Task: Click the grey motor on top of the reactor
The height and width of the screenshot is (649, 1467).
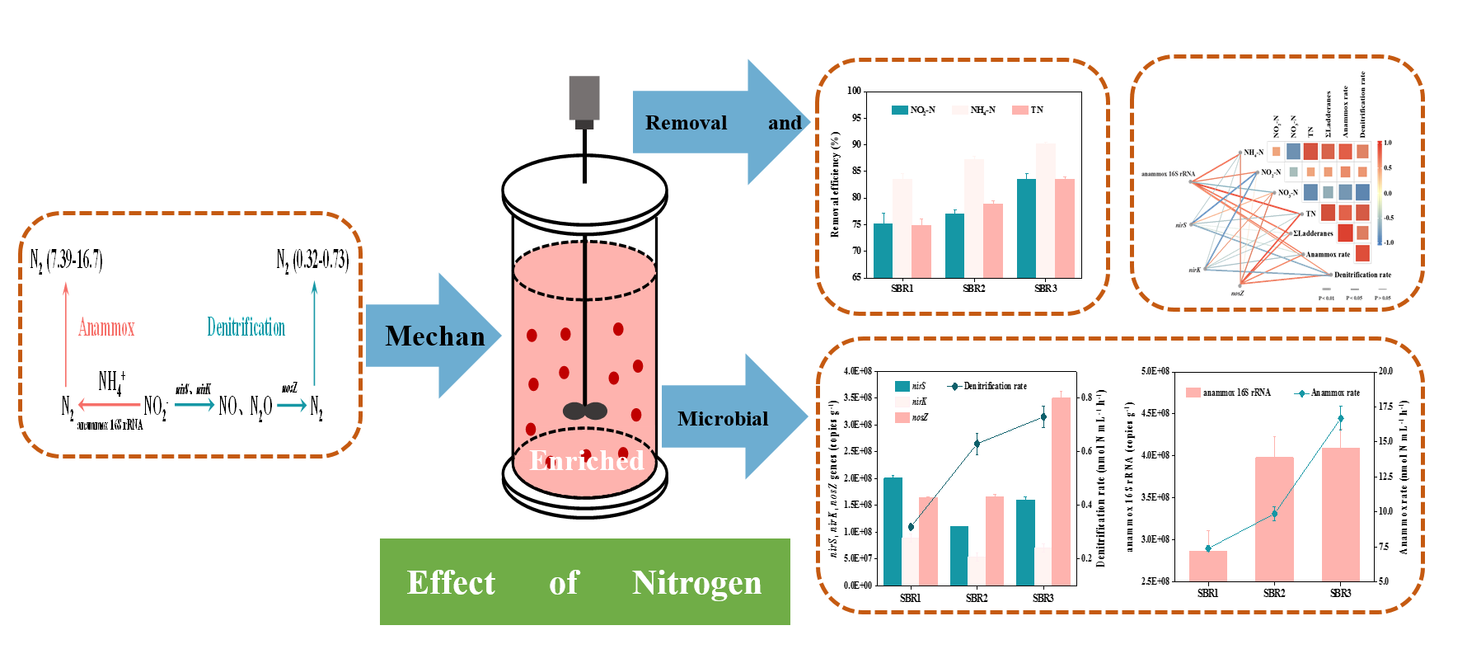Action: [x=584, y=98]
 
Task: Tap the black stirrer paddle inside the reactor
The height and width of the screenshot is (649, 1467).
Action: [x=584, y=411]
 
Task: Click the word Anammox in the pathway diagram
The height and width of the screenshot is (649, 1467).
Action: [x=106, y=328]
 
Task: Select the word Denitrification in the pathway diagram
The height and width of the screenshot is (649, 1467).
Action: [x=246, y=327]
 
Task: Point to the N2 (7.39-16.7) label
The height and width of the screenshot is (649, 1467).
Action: [x=67, y=261]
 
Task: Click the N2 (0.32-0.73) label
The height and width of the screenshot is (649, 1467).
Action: [x=312, y=261]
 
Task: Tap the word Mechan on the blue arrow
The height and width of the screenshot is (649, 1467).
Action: [x=435, y=336]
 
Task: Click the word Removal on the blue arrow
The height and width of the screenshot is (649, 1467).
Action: [x=686, y=123]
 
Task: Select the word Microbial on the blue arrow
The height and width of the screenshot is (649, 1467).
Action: [x=723, y=419]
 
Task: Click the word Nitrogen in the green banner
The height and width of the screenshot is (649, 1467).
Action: [x=696, y=583]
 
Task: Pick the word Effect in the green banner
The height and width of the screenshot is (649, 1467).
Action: [x=451, y=583]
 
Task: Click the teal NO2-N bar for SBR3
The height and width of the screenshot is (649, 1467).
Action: [x=1026, y=228]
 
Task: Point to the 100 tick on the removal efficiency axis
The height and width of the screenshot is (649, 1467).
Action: [x=855, y=91]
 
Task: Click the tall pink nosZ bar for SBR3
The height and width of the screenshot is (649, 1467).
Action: [x=1061, y=491]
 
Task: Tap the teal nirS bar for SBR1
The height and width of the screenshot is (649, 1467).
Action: [x=893, y=531]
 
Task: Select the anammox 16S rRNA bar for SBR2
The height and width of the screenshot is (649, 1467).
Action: [x=1274, y=519]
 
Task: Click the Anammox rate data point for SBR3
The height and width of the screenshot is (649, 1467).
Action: [x=1340, y=419]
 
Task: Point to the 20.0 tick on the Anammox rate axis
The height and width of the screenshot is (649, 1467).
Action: [x=1385, y=371]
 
